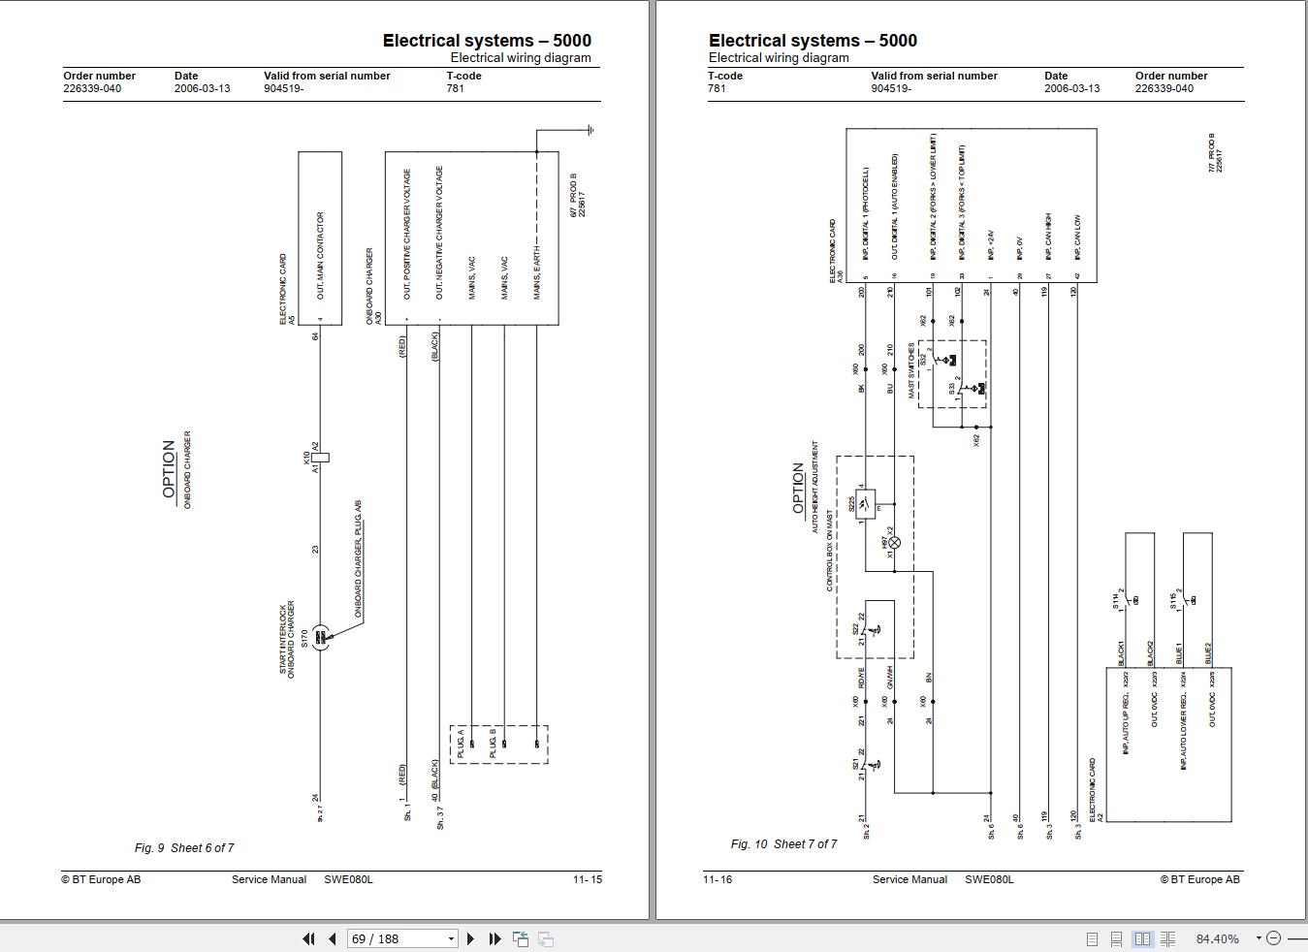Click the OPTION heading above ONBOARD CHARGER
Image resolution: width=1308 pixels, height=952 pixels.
[x=169, y=469]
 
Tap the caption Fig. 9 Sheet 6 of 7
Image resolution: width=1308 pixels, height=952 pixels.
[x=184, y=848]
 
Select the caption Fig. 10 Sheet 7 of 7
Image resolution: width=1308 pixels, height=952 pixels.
[x=783, y=844]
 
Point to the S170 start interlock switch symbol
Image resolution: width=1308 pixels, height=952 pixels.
[x=320, y=637]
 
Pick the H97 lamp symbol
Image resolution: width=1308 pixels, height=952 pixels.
[x=894, y=543]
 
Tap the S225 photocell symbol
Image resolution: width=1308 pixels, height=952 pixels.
[x=865, y=504]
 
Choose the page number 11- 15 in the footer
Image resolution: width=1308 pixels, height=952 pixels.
[x=587, y=879]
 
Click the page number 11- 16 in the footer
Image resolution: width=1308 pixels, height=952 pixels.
[x=718, y=879]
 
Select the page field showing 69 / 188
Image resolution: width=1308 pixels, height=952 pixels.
[x=401, y=938]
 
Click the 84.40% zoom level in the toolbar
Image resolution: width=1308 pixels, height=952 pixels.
[x=1217, y=938]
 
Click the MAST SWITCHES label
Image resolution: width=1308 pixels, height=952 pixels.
[x=911, y=369]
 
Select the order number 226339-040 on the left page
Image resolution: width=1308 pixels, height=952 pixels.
[x=92, y=88]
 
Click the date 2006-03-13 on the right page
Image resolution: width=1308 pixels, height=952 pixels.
[x=1071, y=88]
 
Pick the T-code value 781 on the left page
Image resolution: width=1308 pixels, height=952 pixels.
[x=455, y=88]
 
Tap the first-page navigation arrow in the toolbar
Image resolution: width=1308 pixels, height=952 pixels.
[x=308, y=938]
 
